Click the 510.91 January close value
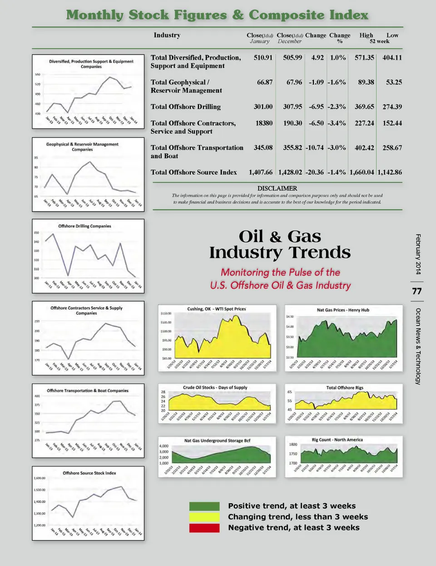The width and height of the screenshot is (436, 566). tap(263, 58)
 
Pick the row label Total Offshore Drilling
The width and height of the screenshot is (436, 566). tap(185, 107)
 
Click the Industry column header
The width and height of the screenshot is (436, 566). tap(167, 35)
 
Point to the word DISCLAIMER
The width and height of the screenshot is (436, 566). tap(277, 188)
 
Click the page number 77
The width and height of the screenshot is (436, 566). tap(416, 291)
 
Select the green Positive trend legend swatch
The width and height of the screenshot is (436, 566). tap(204, 506)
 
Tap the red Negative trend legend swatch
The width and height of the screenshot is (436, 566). tap(204, 528)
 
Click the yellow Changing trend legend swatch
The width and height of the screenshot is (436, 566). tap(204, 517)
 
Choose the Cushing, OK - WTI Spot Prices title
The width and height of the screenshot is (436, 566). tap(217, 309)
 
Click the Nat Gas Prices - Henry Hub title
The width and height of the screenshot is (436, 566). tap(343, 310)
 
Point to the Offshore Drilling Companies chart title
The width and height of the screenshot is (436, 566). tap(84, 226)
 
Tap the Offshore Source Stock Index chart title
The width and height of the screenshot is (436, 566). tap(89, 473)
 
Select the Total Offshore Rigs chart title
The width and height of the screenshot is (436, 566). tap(345, 388)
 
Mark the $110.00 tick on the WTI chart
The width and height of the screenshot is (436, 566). tap(166, 314)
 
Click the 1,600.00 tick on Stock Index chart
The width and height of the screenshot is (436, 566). tap(40, 478)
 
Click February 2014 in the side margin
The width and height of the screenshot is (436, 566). tap(418, 254)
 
